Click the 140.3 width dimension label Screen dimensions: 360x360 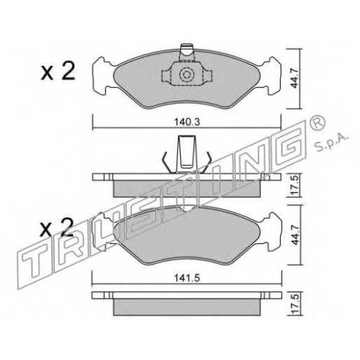pyautogui.click(x=186, y=122)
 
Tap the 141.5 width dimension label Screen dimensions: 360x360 pyautogui.click(x=187, y=278)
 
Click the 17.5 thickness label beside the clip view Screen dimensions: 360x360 pyautogui.click(x=295, y=184)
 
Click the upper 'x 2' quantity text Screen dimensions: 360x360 pyautogui.click(x=58, y=71)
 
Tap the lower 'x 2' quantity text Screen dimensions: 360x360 pyautogui.click(x=57, y=228)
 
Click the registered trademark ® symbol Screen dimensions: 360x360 pyautogui.click(x=318, y=122)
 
